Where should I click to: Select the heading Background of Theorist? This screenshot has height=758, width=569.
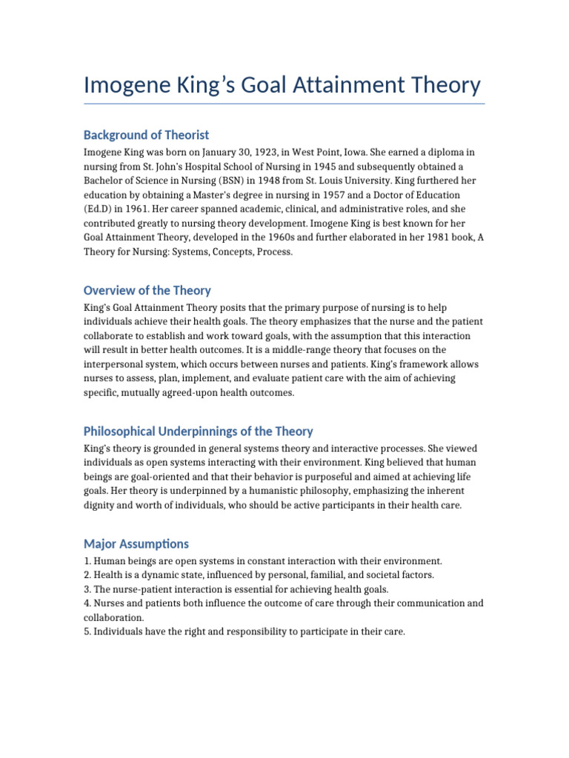[x=146, y=135]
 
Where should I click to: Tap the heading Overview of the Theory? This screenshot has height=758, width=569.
[x=147, y=290]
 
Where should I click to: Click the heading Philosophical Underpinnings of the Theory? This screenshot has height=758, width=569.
[x=198, y=431]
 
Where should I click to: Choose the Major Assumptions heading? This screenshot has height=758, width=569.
[x=136, y=543]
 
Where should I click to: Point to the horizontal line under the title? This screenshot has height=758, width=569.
[x=284, y=104]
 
